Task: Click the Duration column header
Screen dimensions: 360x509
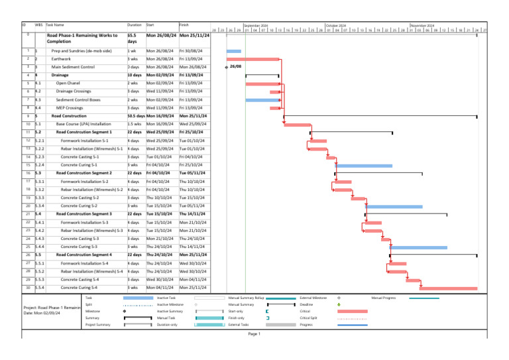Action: click(x=133, y=24)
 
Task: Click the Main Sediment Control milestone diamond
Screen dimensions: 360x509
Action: click(x=227, y=67)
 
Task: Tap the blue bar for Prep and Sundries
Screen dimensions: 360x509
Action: click(x=234, y=51)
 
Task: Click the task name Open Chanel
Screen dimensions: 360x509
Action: click(x=69, y=83)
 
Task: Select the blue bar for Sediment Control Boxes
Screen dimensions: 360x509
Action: click(x=262, y=99)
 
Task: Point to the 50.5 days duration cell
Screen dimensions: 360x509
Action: click(x=135, y=115)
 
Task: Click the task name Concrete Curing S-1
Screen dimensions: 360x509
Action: click(x=79, y=164)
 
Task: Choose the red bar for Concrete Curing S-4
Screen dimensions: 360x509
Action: click(x=447, y=288)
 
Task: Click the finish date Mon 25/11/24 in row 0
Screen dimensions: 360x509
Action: click(x=195, y=34)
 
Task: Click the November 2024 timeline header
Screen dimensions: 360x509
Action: click(x=422, y=25)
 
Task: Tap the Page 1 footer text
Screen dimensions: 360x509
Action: click(x=254, y=334)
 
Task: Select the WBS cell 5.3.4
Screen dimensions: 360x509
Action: click(x=40, y=206)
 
